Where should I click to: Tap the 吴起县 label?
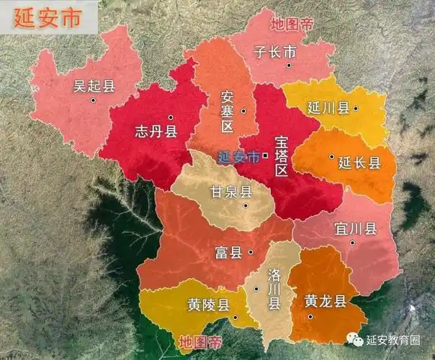[x=94, y=87]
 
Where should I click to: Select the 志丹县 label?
[x=156, y=131]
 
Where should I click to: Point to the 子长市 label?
[x=275, y=52]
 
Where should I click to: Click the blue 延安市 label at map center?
[x=238, y=156]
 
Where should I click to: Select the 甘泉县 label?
[x=230, y=192]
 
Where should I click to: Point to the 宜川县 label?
[x=356, y=229]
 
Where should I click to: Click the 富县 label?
[x=229, y=253]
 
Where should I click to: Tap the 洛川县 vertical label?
[x=274, y=289]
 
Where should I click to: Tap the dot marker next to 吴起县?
[x=94, y=100]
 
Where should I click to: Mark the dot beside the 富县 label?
[x=250, y=252]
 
